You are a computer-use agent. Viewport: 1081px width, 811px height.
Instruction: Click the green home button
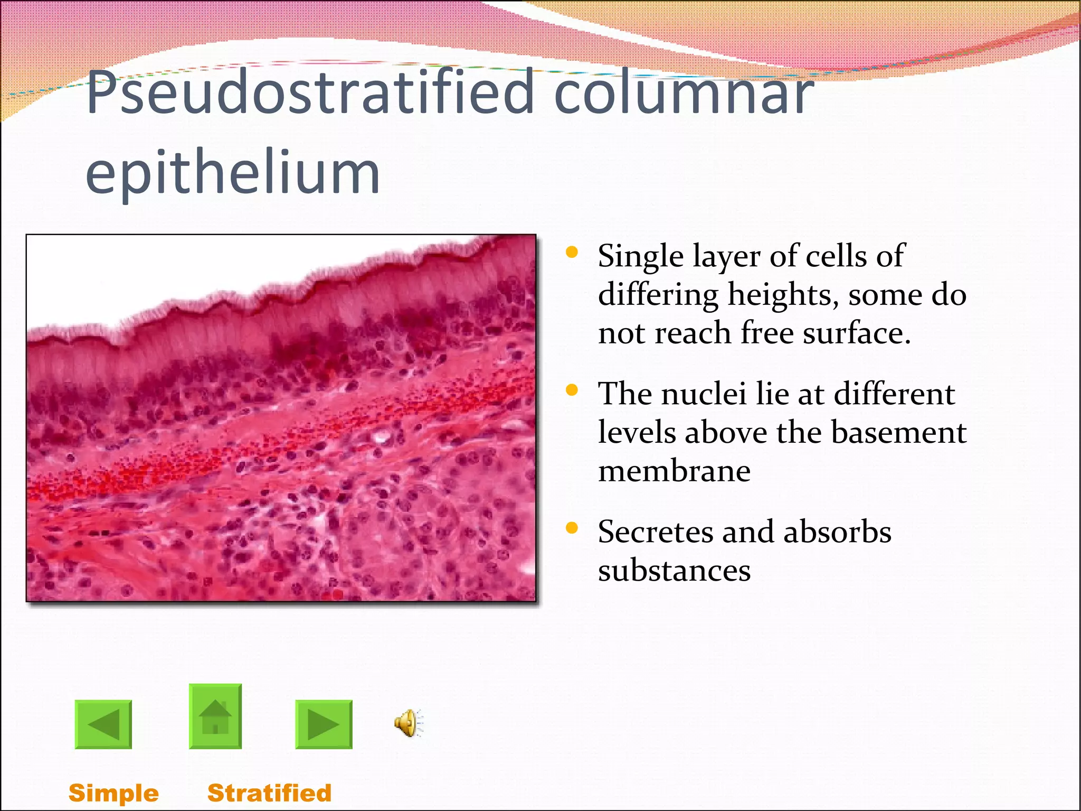point(215,716)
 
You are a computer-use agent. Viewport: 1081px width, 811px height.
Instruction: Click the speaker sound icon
point(408,723)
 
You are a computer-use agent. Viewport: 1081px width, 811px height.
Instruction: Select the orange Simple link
point(113,793)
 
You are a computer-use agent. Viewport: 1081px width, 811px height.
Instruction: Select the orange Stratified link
point(269,793)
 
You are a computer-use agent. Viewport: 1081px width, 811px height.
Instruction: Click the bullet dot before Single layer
point(572,252)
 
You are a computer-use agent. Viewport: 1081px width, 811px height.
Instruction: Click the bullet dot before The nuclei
point(572,390)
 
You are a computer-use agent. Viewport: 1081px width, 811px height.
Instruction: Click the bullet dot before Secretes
point(572,527)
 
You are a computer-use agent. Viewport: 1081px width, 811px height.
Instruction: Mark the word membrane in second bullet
point(674,471)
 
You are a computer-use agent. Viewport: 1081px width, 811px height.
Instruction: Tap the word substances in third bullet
point(674,571)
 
